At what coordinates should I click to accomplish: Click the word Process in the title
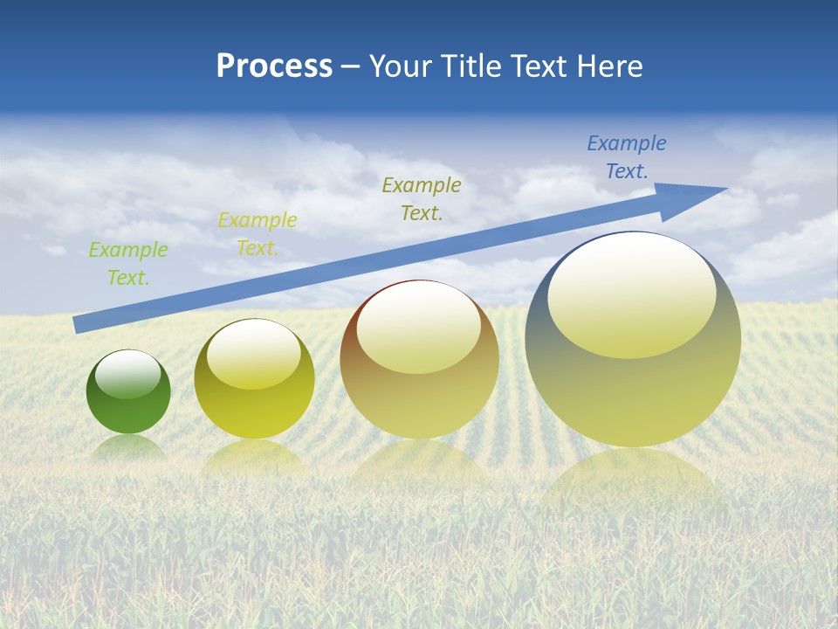pos(274,66)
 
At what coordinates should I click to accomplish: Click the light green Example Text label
pos(128,263)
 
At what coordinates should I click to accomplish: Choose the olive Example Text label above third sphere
pos(422,198)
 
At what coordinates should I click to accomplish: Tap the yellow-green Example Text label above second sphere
pos(258,233)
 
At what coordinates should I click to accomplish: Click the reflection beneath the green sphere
pos(128,446)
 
